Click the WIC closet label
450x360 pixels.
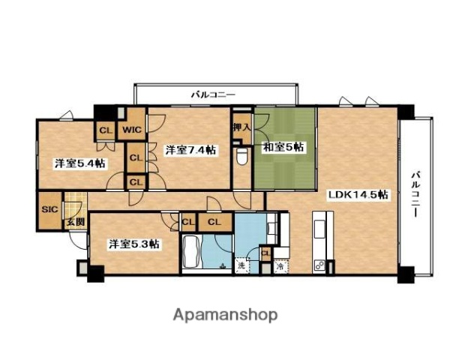pyautogui.click(x=132, y=129)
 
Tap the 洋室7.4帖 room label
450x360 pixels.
pyautogui.click(x=190, y=150)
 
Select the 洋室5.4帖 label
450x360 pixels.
pyautogui.click(x=78, y=163)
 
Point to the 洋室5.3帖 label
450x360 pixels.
pyautogui.click(x=132, y=244)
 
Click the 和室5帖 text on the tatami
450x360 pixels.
pyautogui.click(x=283, y=148)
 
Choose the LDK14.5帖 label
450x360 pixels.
pyautogui.click(x=357, y=195)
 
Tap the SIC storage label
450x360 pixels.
pyautogui.click(x=49, y=209)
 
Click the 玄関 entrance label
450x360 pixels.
pyautogui.click(x=73, y=222)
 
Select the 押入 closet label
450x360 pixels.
pyautogui.click(x=241, y=128)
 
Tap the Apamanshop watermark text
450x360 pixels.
pyautogui.click(x=226, y=314)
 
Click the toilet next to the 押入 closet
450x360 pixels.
pyautogui.click(x=241, y=156)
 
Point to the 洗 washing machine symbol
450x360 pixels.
pyautogui.click(x=241, y=265)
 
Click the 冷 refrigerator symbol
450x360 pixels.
pyautogui.click(x=280, y=265)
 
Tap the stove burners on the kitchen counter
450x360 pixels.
pyautogui.click(x=319, y=265)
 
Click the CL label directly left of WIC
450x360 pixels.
pyautogui.click(x=105, y=130)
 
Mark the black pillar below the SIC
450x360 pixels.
pyautogui.click(x=94, y=273)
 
